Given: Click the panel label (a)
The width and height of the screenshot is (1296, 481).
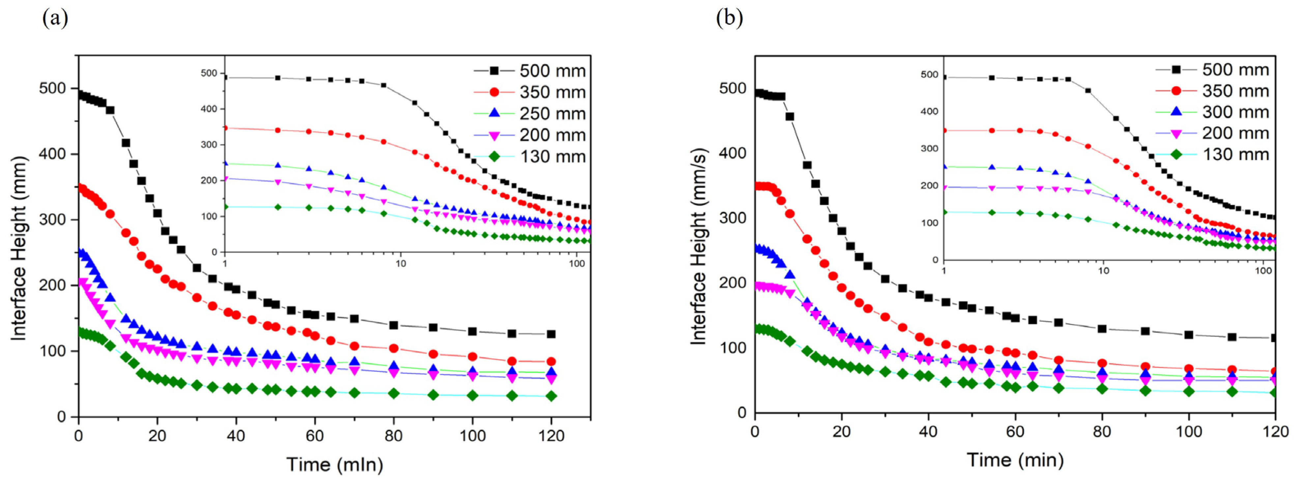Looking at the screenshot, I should [x=55, y=18].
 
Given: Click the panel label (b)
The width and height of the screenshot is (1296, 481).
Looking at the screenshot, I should [x=729, y=18].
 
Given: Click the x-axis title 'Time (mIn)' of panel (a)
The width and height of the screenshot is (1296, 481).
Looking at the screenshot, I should [x=334, y=464].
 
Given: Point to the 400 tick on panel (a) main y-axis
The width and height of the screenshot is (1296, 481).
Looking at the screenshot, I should [x=52, y=154].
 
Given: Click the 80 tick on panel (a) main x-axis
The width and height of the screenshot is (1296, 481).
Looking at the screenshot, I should [x=393, y=435].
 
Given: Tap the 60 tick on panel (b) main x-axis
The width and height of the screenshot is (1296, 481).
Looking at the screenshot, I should [x=1015, y=432].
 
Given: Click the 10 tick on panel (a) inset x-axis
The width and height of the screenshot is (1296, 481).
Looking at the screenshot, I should [x=400, y=263].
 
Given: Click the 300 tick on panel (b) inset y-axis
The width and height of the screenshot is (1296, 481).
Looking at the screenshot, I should [x=929, y=148].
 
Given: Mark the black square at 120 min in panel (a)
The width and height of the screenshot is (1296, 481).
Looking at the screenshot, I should [x=551, y=334].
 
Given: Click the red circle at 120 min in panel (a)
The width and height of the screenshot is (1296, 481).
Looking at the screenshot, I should [x=551, y=361].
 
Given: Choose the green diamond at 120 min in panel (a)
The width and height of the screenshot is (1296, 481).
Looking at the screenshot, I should [x=551, y=396].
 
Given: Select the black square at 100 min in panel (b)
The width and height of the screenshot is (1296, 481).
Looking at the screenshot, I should [x=1189, y=335].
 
